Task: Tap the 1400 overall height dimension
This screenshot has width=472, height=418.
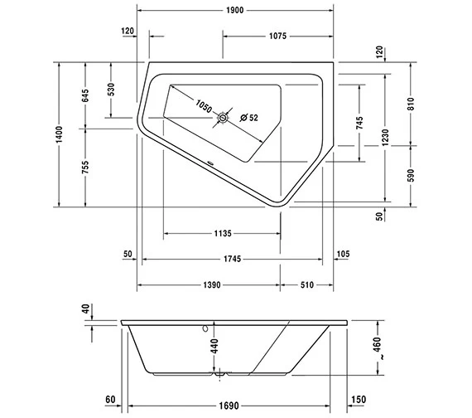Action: point(59,135)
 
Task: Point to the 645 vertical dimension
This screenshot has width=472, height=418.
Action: point(85,95)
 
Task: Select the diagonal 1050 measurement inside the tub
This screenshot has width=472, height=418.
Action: point(205,106)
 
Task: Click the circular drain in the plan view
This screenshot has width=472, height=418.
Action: point(222,119)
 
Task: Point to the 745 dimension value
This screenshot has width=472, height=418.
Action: point(359,123)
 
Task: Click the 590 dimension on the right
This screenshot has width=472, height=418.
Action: point(412,173)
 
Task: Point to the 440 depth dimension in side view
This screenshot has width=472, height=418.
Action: point(214,348)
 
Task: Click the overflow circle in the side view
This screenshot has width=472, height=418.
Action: point(200,328)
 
